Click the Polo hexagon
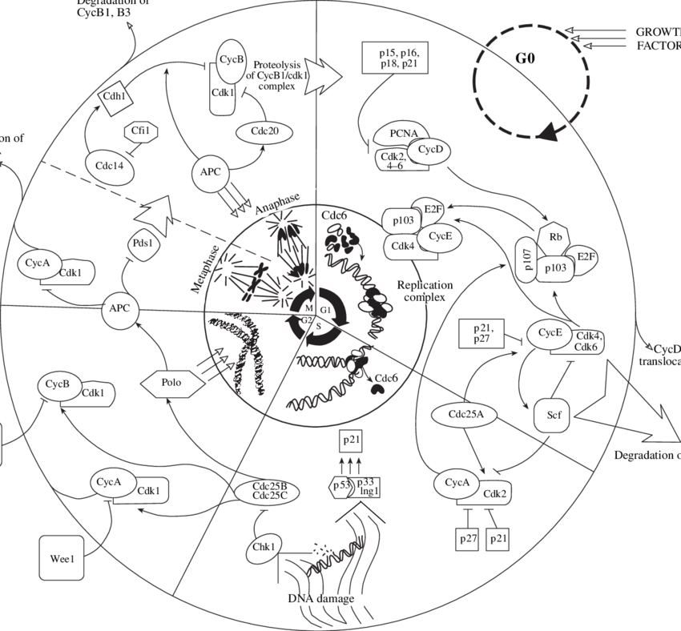[x=172, y=383]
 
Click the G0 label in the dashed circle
[x=522, y=58]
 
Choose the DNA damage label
[x=320, y=599]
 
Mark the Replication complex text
[x=425, y=291]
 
